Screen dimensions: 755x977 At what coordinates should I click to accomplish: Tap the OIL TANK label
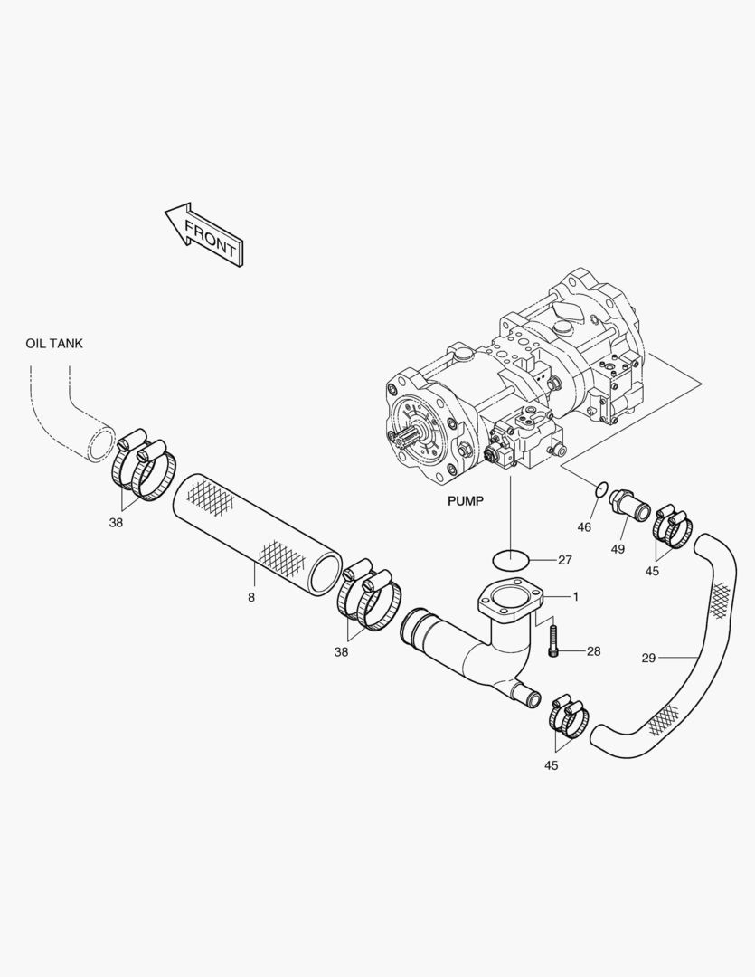[54, 344]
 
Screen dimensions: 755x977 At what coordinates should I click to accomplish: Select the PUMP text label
[466, 501]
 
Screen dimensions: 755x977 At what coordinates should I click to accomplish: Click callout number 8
[251, 598]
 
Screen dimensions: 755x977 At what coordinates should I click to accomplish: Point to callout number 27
[565, 560]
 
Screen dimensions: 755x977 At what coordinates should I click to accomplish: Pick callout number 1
[576, 597]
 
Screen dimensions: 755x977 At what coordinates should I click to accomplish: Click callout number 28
[594, 651]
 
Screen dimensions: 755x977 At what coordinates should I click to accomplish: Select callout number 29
[648, 658]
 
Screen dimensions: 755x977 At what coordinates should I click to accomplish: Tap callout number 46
[584, 527]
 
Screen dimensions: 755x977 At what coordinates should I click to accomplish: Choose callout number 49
[618, 549]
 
